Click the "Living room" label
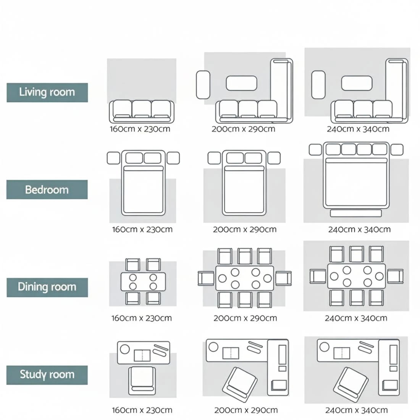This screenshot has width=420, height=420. tap(47, 92)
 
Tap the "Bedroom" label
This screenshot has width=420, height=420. tap(47, 190)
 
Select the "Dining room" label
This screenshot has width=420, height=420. tap(47, 287)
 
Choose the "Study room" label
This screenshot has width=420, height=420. tap(47, 375)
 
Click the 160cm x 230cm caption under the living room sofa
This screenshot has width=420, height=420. tap(140, 129)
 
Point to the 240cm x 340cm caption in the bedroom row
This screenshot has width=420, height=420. tap(359, 230)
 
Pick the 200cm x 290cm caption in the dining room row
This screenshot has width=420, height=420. tap(245, 318)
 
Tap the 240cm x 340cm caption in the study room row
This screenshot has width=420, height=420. tap(356, 410)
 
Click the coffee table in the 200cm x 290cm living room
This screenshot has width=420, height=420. tap(241, 83)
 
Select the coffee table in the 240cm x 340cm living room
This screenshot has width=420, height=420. tap(356, 83)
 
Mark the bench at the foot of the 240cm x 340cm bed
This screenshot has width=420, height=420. tap(356, 213)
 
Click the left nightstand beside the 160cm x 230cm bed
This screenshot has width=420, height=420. tap(113, 158)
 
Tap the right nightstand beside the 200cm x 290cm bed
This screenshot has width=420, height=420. tap(273, 158)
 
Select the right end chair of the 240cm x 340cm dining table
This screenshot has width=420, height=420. tap(395, 276)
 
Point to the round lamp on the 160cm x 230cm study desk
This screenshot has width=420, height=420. tap(124, 349)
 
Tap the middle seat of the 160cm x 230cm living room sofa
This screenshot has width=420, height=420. tap(142, 109)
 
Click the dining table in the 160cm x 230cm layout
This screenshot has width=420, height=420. tap(143, 281)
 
